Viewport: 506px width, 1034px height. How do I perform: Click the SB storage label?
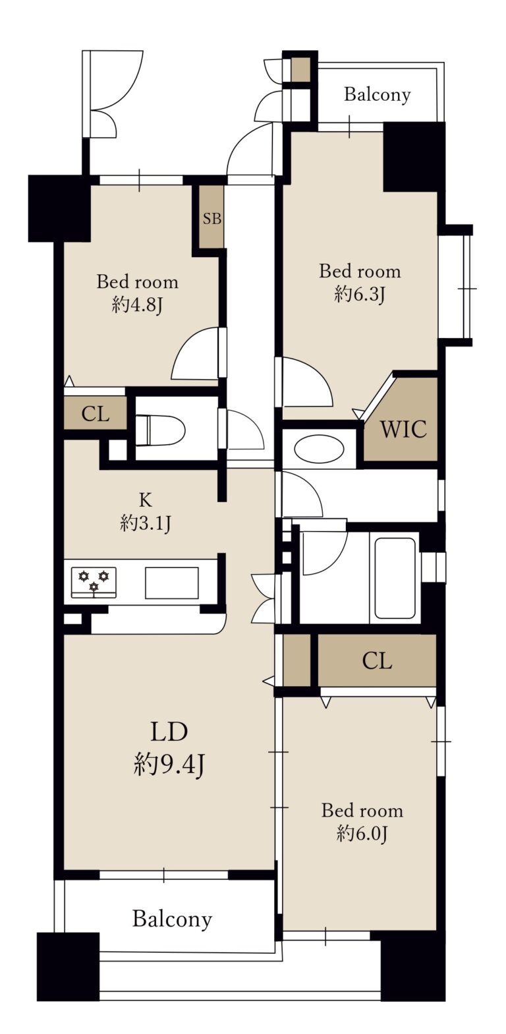coord(212,218)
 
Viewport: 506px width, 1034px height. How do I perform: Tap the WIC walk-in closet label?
coord(403,429)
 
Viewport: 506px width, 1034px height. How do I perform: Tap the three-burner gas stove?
coord(94,583)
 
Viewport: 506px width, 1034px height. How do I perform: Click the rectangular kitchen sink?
coord(172,583)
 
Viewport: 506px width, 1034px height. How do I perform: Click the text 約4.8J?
coord(137,305)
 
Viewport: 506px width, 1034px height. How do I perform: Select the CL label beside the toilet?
coord(96,414)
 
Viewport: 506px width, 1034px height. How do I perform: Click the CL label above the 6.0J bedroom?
coord(377,661)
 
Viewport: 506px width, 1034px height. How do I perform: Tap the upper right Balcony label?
coord(377,95)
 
